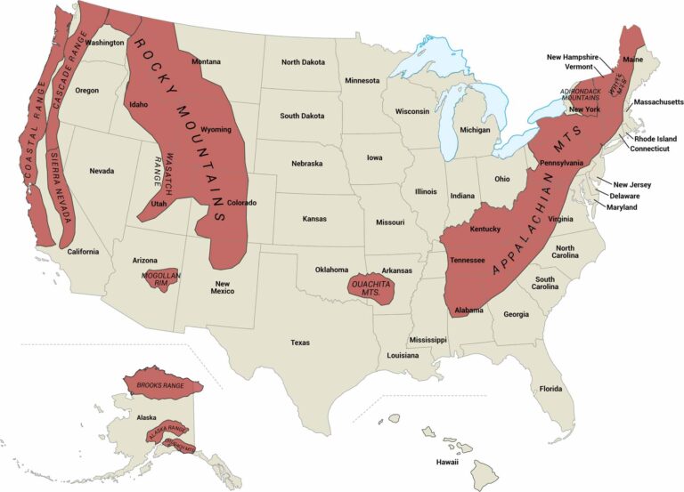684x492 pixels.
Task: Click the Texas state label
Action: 299,342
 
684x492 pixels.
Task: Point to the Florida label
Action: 550,389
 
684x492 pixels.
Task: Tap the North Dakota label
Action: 304,62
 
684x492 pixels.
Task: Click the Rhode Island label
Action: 655,139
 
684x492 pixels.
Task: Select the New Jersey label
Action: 632,184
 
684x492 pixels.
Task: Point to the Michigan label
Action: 475,130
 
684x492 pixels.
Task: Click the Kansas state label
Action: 313,218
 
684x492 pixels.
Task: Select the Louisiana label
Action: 402,355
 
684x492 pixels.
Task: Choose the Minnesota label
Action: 362,81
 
